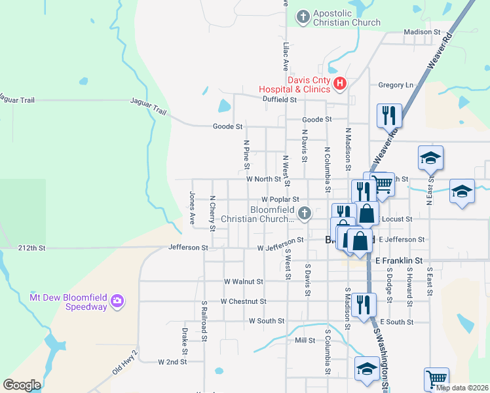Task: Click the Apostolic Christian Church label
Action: point(347,18)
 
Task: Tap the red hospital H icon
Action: point(339,83)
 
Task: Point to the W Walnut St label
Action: point(243,281)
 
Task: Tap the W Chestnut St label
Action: point(243,301)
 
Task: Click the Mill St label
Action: point(305,341)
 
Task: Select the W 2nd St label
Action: point(173,362)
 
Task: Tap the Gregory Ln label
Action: point(396,85)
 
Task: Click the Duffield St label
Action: point(280,100)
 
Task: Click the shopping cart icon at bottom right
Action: point(436,378)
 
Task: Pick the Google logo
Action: point(22,384)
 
